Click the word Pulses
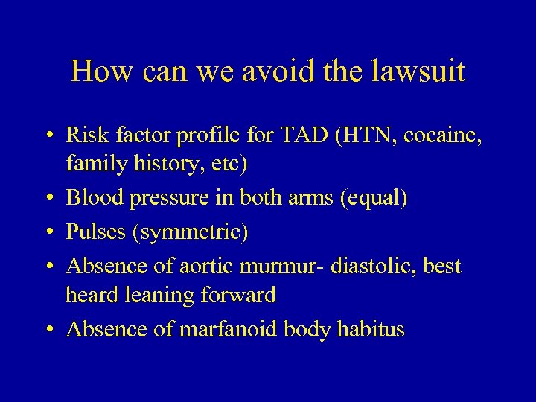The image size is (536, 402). click(x=95, y=232)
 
